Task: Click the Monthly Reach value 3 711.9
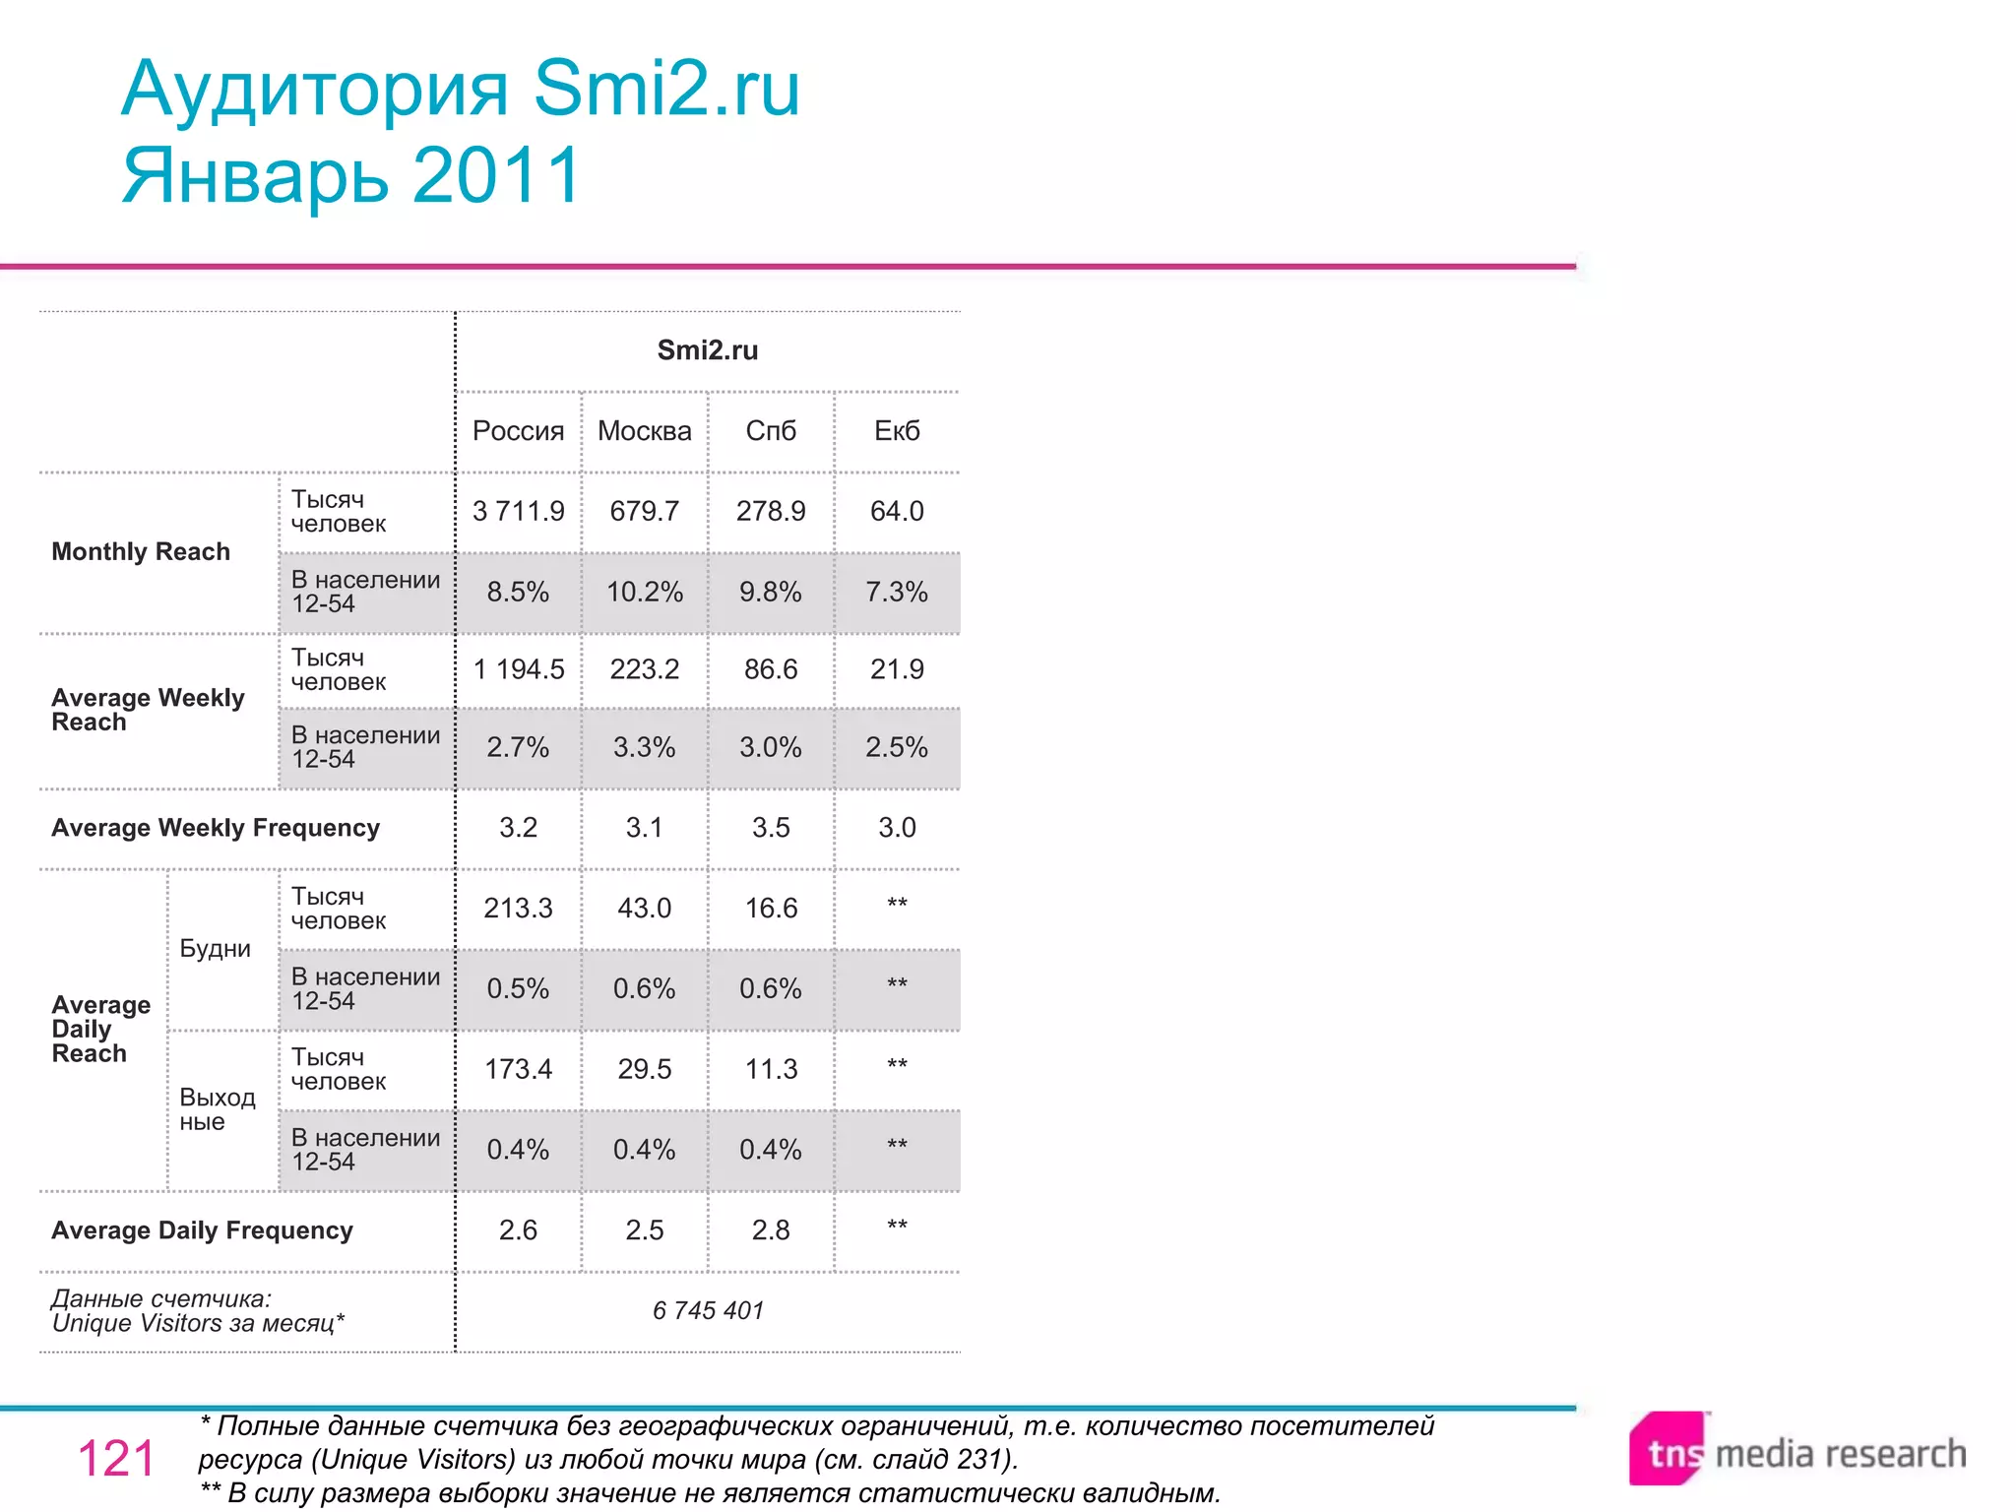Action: [x=518, y=511]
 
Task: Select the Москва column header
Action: [x=644, y=431]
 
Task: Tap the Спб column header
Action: [x=770, y=431]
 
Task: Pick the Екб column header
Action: [x=897, y=431]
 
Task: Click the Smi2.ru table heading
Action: [x=707, y=350]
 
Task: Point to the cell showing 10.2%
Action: [x=644, y=592]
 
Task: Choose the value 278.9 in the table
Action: [x=770, y=511]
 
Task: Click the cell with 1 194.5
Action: [x=518, y=669]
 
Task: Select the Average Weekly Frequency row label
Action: [x=215, y=828]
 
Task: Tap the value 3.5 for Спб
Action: [x=770, y=828]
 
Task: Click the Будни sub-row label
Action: [x=215, y=949]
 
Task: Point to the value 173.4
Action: [x=518, y=1069]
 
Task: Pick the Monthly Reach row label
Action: [x=141, y=552]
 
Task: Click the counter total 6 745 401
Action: [x=707, y=1310]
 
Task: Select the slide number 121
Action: [x=115, y=1458]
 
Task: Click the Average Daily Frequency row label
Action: [x=202, y=1230]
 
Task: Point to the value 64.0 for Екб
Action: [x=897, y=511]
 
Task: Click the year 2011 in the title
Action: [x=497, y=175]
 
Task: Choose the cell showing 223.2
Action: [x=644, y=669]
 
